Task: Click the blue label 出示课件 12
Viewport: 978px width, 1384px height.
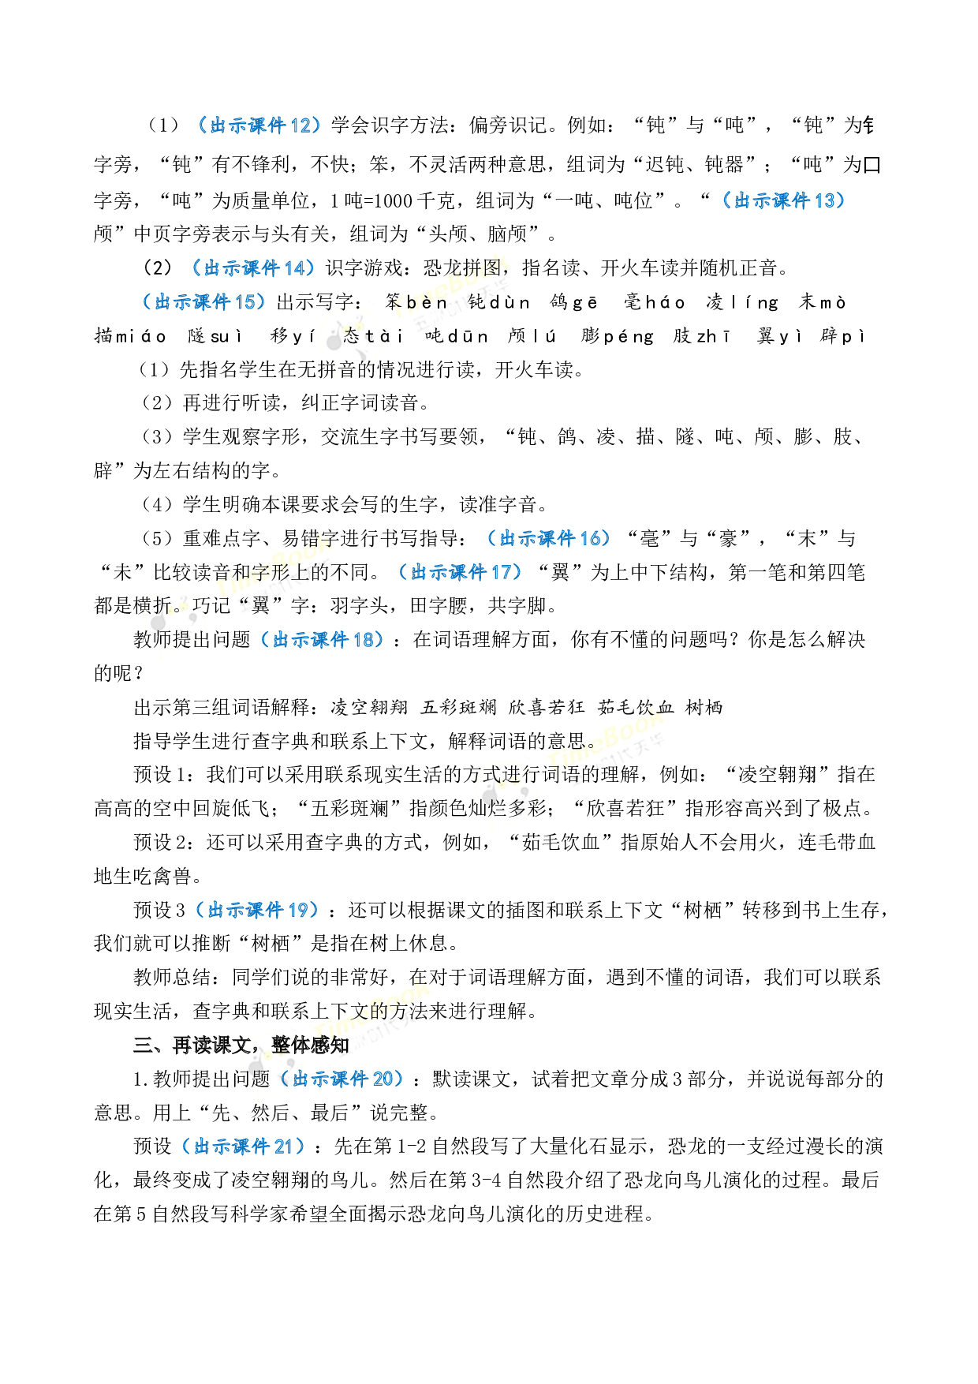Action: coord(260,125)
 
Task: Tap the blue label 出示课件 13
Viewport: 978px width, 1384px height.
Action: coord(784,200)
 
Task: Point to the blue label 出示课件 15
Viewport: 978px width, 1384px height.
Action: coord(204,302)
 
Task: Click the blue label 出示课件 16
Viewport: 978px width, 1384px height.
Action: coord(549,539)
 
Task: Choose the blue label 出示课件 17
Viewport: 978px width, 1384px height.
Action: coord(461,572)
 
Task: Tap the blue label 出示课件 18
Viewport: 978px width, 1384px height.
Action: coord(322,640)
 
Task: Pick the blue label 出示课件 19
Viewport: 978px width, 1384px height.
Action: coord(257,911)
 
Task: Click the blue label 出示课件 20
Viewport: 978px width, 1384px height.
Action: coord(342,1079)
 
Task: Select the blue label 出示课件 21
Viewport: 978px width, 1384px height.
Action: coord(243,1146)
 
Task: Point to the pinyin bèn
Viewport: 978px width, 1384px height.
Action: coord(427,303)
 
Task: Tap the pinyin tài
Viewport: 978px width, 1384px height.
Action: coord(385,337)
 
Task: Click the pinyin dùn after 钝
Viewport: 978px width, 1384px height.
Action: coord(510,303)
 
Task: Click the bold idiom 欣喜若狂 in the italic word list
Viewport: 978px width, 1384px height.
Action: coord(546,708)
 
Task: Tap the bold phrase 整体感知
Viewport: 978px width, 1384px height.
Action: coord(310,1045)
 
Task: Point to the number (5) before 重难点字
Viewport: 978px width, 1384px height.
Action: coord(157,539)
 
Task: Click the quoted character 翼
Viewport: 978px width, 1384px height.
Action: coord(260,606)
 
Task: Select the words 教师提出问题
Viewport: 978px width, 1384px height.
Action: coord(192,640)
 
